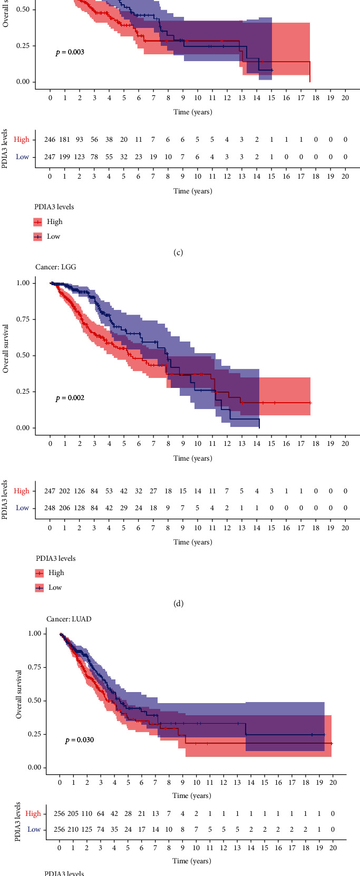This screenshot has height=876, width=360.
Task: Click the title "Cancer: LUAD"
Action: click(x=69, y=619)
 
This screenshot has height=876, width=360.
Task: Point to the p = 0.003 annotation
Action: click(x=70, y=52)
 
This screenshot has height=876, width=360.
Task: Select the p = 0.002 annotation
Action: click(x=70, y=398)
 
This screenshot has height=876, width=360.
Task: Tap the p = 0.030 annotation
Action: click(x=80, y=740)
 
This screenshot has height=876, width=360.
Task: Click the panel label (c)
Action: click(x=178, y=252)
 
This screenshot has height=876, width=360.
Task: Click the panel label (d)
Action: click(x=178, y=604)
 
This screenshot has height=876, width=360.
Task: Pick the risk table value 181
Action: click(x=65, y=140)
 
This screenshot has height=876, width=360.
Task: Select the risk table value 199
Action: click(x=65, y=157)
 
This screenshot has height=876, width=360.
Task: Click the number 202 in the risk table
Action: click(x=65, y=491)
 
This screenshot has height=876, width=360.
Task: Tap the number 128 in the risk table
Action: click(x=80, y=508)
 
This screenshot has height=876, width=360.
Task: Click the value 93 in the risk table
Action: click(x=80, y=140)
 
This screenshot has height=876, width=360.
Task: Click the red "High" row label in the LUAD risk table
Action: click(x=33, y=813)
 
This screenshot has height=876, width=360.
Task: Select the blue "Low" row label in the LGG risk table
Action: click(x=22, y=508)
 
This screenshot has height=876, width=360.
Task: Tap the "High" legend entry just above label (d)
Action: click(x=56, y=573)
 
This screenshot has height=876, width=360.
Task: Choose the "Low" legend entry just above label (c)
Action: click(x=53, y=237)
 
